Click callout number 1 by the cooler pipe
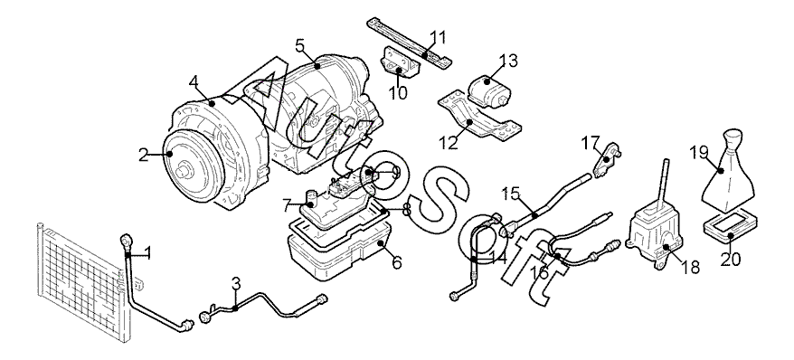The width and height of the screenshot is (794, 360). (x=147, y=252)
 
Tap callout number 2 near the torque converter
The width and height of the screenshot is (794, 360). (x=144, y=155)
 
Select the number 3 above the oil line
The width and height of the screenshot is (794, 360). (x=236, y=283)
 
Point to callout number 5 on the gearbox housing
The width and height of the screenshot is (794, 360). (x=299, y=45)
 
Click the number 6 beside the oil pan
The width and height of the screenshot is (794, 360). (x=397, y=262)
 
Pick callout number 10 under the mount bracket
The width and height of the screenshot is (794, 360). (x=399, y=93)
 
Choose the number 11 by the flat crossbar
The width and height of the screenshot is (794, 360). (x=438, y=37)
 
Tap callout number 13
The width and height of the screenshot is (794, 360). (x=508, y=61)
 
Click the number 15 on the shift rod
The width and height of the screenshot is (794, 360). (x=511, y=193)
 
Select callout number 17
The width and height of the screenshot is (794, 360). (x=591, y=143)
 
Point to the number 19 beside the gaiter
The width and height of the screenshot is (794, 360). (x=699, y=152)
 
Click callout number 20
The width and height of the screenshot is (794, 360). (x=731, y=260)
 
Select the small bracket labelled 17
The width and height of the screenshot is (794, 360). (x=607, y=159)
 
